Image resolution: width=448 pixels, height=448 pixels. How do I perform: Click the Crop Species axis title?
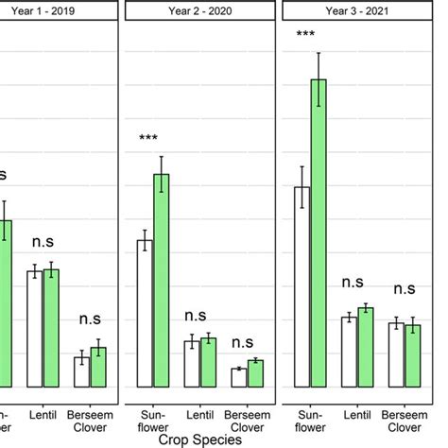pyautogui.click(x=200, y=439)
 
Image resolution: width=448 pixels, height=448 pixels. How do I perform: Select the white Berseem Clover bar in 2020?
pyautogui.click(x=240, y=377)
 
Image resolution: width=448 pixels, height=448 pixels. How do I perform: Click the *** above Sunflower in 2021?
pyautogui.click(x=305, y=35)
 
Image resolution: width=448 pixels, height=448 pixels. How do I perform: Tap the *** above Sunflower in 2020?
pyautogui.click(x=148, y=139)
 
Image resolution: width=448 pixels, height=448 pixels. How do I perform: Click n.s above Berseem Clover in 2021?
pyautogui.click(x=405, y=288)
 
